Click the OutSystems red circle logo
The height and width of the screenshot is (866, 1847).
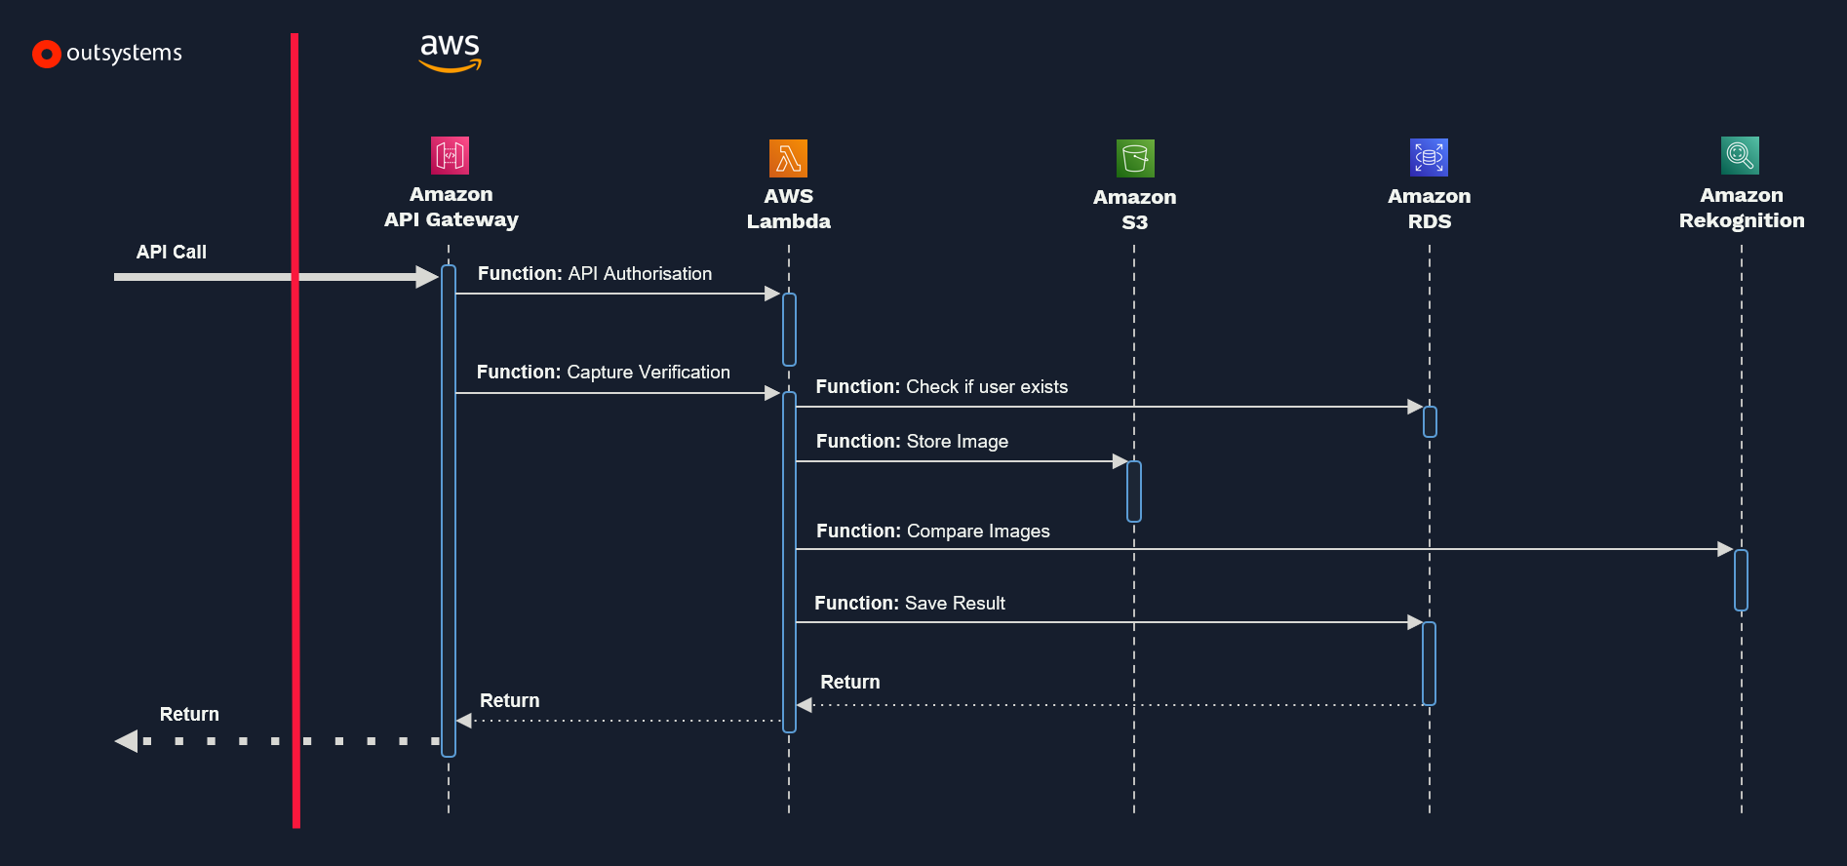pos(46,54)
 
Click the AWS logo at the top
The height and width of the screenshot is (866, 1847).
pos(450,53)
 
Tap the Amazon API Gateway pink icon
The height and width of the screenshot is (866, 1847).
pos(450,155)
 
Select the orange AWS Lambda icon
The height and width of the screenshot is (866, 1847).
pos(788,158)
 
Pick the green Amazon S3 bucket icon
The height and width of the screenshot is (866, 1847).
pos(1135,158)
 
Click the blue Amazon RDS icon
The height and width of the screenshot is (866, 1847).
pos(1429,157)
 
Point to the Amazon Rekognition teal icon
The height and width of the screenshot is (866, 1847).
pos(1740,155)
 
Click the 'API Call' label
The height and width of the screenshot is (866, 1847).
pos(172,252)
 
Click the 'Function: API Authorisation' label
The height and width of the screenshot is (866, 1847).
pos(594,274)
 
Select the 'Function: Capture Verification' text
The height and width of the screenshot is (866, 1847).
pos(603,373)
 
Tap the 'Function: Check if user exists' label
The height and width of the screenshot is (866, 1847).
pos(941,387)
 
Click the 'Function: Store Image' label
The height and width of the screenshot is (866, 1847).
pos(912,442)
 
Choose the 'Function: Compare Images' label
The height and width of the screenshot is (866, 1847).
pos(932,531)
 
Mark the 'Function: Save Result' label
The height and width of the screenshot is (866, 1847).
pos(909,604)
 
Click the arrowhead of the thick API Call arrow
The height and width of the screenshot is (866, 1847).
pos(426,277)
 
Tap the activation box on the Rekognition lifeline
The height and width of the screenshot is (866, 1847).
pos(1741,580)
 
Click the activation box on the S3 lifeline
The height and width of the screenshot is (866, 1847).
pos(1133,492)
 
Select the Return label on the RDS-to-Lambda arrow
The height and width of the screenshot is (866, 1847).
pos(849,683)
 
